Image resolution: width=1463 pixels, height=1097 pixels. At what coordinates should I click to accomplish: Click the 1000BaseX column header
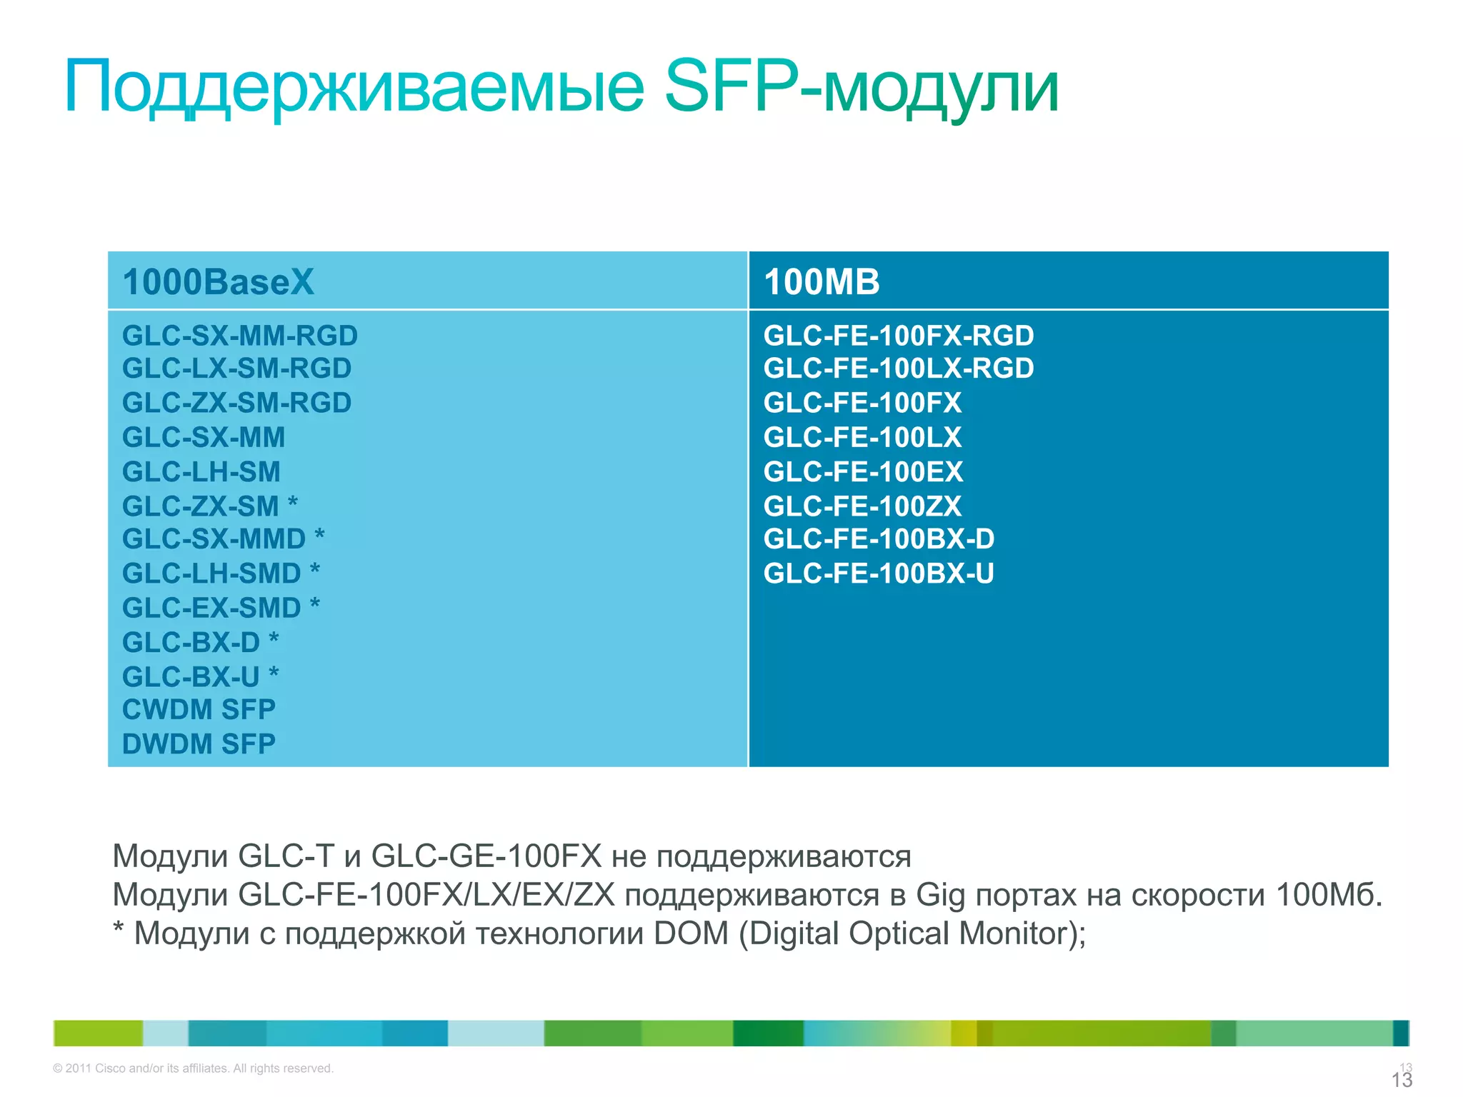click(218, 281)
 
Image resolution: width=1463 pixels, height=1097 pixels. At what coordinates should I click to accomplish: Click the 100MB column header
click(822, 281)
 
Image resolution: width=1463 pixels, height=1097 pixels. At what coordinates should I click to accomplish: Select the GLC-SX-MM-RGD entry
click(239, 336)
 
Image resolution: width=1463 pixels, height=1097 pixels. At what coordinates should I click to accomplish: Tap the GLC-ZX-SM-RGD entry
click(236, 403)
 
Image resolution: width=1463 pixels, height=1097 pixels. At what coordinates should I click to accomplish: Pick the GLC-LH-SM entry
click(201, 472)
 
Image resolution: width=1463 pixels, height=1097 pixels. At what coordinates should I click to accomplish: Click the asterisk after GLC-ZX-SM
click(293, 503)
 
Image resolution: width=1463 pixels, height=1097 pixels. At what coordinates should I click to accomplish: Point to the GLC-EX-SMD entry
click(211, 608)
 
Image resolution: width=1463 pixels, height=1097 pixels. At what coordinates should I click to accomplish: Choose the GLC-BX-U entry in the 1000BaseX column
click(191, 677)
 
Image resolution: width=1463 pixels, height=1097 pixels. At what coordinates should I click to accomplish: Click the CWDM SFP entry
click(199, 710)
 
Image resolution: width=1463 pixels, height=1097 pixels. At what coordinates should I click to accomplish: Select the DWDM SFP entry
click(199, 744)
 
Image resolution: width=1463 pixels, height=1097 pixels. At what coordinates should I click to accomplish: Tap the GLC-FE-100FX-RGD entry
click(899, 336)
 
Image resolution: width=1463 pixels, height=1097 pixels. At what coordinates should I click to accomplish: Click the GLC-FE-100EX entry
click(863, 472)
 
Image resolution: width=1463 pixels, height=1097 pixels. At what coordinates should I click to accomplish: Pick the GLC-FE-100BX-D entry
click(879, 539)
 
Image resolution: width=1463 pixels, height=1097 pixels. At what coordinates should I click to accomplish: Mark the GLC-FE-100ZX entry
click(862, 506)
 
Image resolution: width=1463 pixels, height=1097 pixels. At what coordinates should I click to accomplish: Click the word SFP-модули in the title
click(861, 87)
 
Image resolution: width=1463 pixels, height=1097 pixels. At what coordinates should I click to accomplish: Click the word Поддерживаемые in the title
click(354, 87)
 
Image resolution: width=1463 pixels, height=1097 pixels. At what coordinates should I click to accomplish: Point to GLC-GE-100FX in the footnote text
click(486, 856)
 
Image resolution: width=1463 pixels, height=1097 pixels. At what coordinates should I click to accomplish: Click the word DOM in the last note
click(691, 933)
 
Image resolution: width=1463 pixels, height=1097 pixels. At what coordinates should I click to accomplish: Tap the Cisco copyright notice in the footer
click(193, 1068)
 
